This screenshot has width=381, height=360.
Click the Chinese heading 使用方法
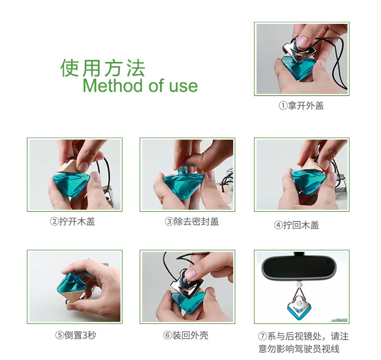coord(103,68)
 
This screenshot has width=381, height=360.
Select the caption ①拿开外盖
coord(301,106)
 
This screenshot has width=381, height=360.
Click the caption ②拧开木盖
coord(73,221)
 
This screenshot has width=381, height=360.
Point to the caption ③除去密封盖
coord(192,221)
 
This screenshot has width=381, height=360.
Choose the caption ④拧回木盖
coord(297,225)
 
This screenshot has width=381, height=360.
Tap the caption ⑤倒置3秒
coord(76,335)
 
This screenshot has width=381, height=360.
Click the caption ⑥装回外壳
coord(186,335)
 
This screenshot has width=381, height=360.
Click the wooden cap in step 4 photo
coord(308,166)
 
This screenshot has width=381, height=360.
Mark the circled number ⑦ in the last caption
coord(263,337)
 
